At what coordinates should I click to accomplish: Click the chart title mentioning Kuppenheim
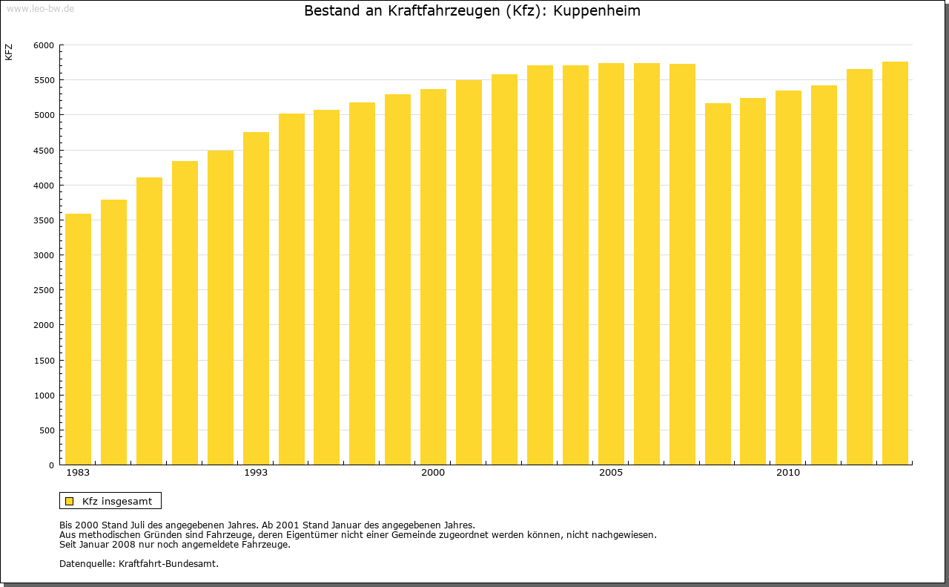pos(472,11)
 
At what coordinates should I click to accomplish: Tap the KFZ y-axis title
pos(9,52)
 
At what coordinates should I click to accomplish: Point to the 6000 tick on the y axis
pos(44,45)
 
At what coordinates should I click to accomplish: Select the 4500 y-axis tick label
pos(44,151)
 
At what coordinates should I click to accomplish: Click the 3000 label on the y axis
pos(44,255)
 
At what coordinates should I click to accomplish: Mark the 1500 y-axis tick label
pos(44,361)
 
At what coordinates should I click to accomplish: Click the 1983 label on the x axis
pos(78,473)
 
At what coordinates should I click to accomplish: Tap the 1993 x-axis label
pos(256,473)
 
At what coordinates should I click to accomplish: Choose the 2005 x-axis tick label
pos(611,473)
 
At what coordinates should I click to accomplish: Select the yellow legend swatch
pos(70,501)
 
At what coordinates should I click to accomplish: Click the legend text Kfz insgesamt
pos(117,501)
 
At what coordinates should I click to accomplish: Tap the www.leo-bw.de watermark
pos(40,8)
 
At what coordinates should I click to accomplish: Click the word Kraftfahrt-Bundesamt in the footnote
pos(168,563)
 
